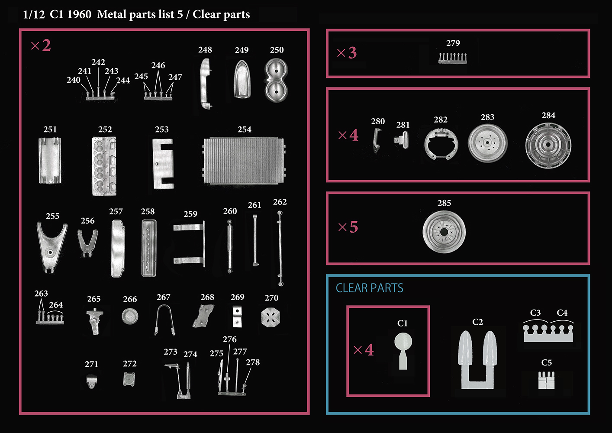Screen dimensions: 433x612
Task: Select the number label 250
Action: click(277, 50)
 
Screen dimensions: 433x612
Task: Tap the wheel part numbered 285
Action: click(444, 232)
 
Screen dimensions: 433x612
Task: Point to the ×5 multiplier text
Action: click(348, 227)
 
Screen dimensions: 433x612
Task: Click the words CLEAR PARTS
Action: click(369, 288)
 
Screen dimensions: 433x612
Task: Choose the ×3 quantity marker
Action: click(347, 53)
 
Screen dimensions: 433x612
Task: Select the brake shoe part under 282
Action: click(441, 143)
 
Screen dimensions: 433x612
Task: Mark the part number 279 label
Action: click(453, 43)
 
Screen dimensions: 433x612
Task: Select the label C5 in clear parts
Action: click(547, 362)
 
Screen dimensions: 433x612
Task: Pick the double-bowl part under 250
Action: click(276, 81)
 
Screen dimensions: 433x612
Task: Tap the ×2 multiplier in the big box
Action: click(41, 45)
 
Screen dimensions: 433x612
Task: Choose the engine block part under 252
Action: click(104, 166)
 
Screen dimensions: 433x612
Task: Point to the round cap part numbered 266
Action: click(130, 317)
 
